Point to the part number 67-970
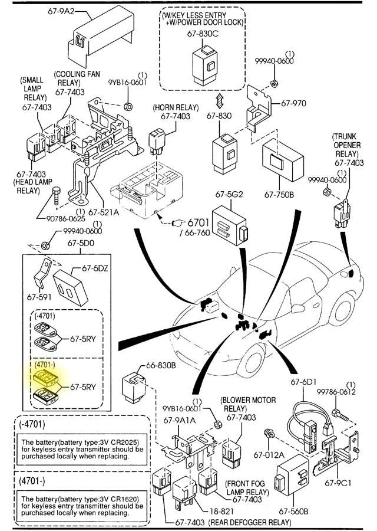coord(293,103)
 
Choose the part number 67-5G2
coord(229,194)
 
